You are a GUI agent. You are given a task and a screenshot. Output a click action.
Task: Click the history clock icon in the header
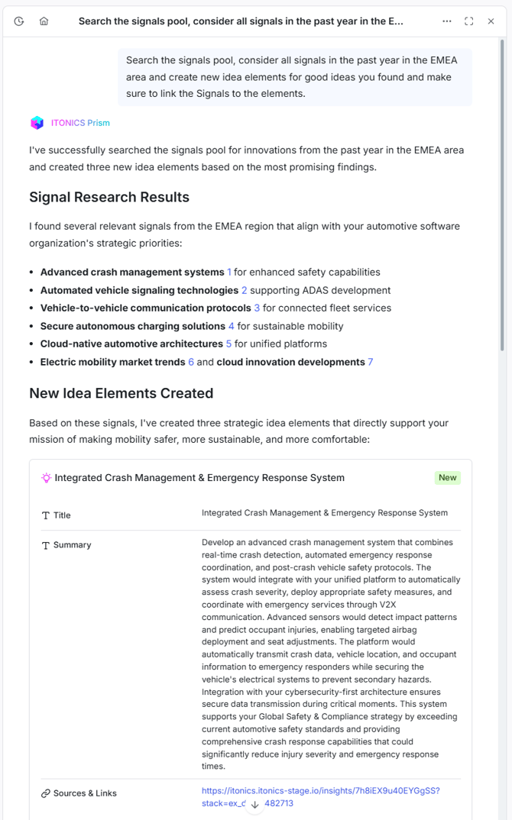19,21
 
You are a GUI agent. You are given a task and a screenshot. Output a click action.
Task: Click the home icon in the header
44,21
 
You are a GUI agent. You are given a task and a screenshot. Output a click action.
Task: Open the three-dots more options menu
447,21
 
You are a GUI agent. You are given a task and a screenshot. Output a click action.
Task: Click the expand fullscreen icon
469,21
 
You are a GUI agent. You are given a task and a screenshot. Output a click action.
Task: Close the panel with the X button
491,21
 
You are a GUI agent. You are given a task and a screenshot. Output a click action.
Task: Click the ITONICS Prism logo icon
37,123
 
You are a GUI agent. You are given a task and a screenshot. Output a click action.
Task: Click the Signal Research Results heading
109,197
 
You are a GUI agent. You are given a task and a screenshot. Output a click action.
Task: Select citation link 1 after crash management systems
229,273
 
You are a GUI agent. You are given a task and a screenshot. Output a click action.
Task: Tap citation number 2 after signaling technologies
245,290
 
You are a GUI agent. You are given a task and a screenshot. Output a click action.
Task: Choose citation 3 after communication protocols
257,308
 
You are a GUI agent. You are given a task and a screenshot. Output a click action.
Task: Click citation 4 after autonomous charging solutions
232,326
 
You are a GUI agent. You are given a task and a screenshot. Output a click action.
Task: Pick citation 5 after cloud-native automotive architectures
228,344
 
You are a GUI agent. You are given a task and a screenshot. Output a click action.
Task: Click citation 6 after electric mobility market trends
191,362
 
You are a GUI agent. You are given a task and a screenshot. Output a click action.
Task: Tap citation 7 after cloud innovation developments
371,362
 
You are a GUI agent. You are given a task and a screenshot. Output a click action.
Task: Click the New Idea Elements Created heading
121,393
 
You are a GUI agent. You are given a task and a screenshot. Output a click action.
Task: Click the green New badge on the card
448,478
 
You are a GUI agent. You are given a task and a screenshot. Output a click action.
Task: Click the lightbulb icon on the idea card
47,478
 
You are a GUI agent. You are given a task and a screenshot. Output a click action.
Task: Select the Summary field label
72,545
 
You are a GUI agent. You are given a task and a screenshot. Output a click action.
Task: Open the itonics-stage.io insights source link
320,791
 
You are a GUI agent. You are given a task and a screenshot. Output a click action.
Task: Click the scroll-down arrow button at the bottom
255,804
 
